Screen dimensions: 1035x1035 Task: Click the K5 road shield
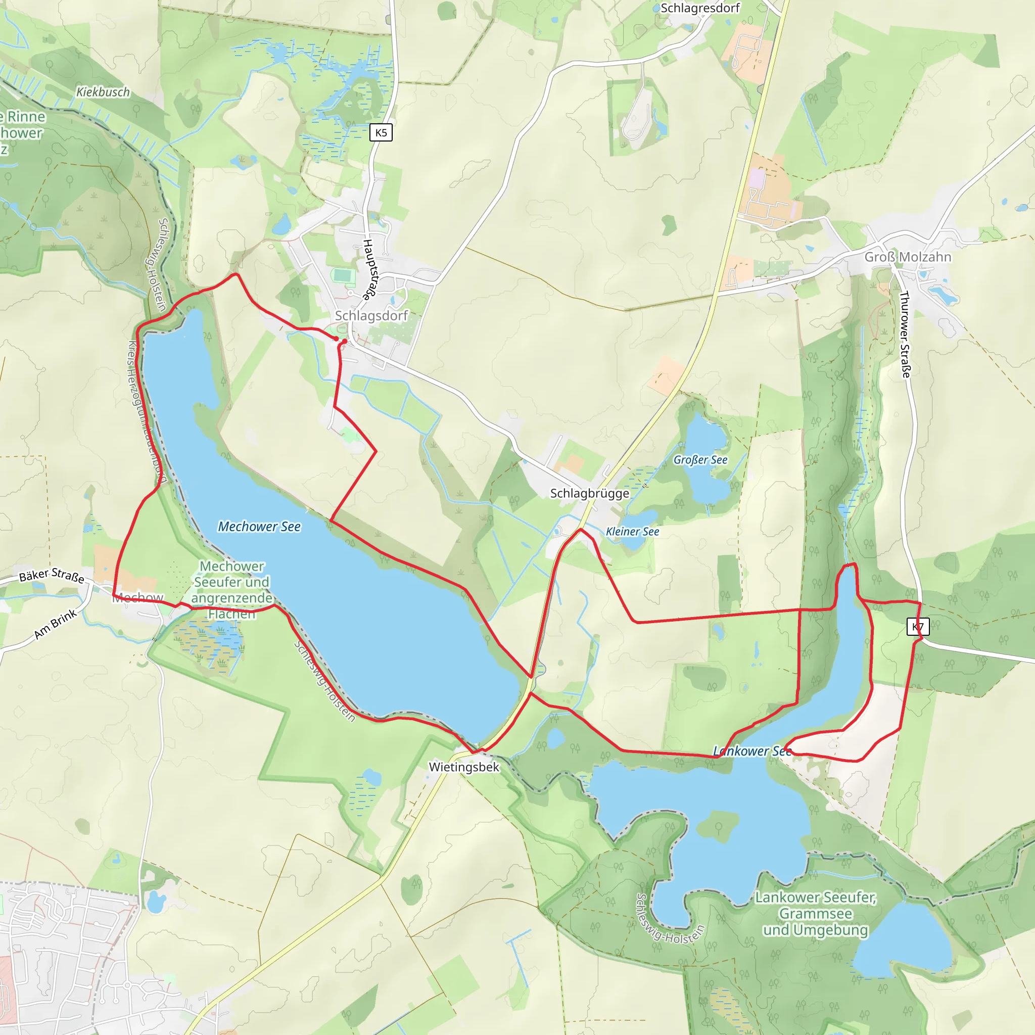point(381,132)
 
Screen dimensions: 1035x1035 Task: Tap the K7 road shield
point(918,627)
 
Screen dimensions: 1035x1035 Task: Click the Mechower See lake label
point(259,527)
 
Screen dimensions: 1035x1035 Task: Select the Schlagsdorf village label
point(371,315)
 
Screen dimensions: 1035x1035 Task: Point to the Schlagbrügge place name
point(590,493)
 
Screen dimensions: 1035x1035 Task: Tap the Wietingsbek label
point(464,767)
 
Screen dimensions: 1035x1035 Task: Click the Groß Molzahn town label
point(908,257)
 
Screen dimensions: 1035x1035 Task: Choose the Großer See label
point(700,460)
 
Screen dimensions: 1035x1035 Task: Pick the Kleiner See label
point(632,532)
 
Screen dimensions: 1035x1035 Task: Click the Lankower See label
point(751,751)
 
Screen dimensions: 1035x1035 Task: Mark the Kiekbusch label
point(103,92)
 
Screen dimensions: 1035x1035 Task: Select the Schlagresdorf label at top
point(699,8)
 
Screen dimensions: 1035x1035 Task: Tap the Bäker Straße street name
point(52,576)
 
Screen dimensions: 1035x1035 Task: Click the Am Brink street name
point(56,624)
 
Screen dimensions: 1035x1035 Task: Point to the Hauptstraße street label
point(369,269)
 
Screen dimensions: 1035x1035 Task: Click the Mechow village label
point(137,597)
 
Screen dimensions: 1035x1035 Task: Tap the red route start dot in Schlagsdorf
point(345,341)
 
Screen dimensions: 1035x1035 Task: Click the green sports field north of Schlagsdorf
point(343,276)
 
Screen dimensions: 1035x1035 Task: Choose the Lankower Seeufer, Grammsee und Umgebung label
point(815,913)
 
